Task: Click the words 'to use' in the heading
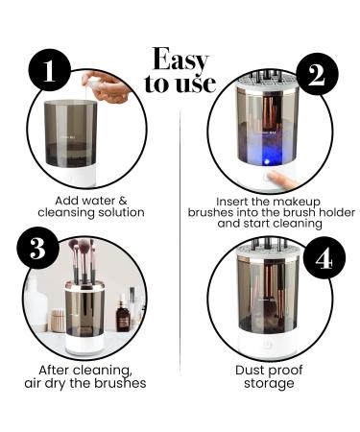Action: click(180, 84)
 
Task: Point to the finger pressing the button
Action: click(280, 179)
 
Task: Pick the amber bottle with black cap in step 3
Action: click(123, 314)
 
